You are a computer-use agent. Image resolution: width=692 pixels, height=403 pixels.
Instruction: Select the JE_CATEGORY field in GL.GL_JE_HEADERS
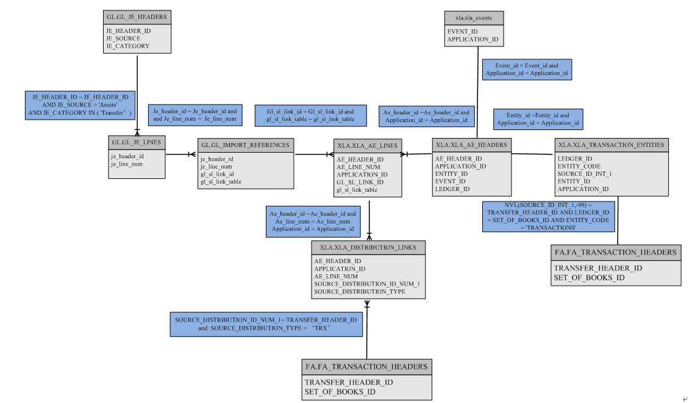[x=127, y=46]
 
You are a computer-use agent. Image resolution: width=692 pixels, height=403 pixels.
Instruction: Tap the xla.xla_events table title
[x=473, y=18]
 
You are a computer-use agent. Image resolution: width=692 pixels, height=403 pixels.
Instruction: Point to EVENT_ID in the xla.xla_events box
[x=463, y=31]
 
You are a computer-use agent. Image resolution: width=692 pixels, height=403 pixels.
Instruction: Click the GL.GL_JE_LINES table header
[x=137, y=142]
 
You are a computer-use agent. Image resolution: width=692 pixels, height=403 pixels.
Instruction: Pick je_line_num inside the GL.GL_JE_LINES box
[x=127, y=164]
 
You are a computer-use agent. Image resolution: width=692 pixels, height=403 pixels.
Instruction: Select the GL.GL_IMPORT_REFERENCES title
[x=246, y=145]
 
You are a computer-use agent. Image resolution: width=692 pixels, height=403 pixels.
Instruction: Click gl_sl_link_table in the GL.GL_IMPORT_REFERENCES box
[x=221, y=182]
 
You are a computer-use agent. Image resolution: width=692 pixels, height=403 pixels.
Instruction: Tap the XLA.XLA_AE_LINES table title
[x=367, y=145]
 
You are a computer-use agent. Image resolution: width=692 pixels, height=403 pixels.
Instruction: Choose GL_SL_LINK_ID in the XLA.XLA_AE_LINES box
[x=360, y=182]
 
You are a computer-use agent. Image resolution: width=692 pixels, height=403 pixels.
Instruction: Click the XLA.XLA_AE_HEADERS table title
[x=471, y=145]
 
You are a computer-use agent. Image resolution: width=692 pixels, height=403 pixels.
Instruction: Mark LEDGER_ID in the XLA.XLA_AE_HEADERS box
[x=452, y=189]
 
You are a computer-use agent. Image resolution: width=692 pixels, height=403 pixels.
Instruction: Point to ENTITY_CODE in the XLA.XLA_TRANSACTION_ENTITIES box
[x=579, y=166]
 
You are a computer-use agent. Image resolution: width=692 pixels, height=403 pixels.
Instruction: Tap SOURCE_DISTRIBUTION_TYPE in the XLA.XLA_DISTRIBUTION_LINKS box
[x=360, y=292]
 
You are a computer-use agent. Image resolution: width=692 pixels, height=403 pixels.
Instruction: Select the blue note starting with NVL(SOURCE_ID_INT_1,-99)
[x=548, y=216]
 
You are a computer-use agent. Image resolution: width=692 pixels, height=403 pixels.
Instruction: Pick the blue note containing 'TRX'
[x=266, y=324]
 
